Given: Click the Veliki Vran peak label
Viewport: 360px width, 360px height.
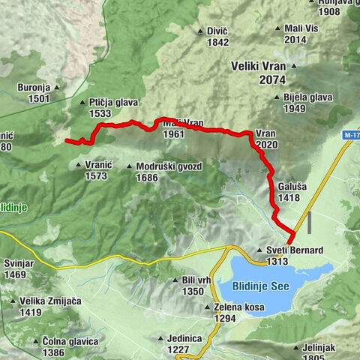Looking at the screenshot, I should pyautogui.click(x=259, y=64).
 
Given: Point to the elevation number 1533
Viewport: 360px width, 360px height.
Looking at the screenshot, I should pyautogui.click(x=100, y=113).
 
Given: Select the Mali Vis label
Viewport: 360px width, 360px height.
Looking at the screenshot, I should pyautogui.click(x=305, y=28).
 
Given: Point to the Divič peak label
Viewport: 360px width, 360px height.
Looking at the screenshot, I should pyautogui.click(x=217, y=31).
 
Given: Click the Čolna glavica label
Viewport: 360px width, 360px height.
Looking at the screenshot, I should pyautogui.click(x=70, y=341).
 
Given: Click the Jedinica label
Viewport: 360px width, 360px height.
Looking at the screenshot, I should pyautogui.click(x=184, y=338).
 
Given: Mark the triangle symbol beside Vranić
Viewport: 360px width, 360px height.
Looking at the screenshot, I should pyautogui.click(x=80, y=165).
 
